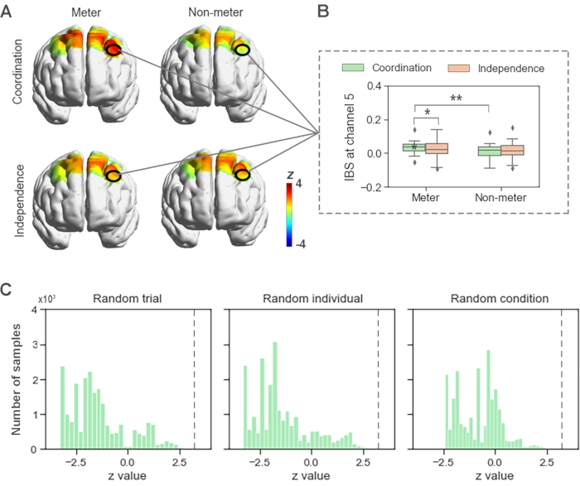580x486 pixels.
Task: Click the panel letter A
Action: pos(7,11)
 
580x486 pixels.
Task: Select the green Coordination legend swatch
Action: pos(355,68)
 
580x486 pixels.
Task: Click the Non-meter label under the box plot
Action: pos(502,200)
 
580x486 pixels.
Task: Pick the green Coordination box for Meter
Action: pos(413,147)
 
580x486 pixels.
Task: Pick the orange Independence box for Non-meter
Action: pos(514,150)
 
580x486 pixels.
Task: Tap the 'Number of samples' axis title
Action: pos(19,379)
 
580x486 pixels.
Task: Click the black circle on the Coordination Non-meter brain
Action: pos(242,51)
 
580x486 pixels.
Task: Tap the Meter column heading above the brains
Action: pos(86,12)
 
